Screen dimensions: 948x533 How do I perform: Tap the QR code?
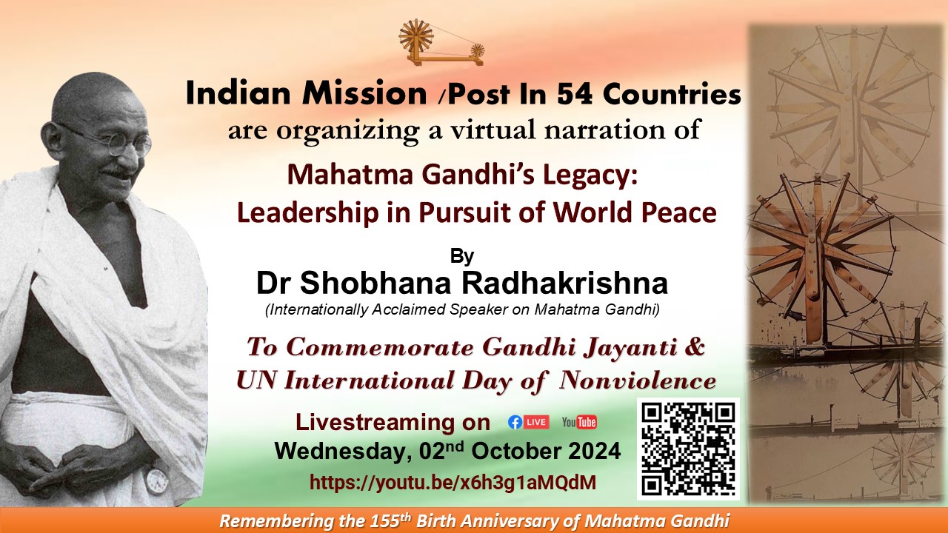tap(688, 449)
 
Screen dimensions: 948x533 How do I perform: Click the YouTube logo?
tap(579, 422)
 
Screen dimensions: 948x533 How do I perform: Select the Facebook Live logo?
tap(529, 422)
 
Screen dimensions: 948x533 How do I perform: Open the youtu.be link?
tap(453, 482)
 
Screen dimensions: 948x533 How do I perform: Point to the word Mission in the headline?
tap(364, 93)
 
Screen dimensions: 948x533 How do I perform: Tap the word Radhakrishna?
tap(564, 283)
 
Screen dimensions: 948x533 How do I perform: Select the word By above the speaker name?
tap(461, 256)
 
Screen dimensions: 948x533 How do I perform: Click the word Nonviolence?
tap(638, 381)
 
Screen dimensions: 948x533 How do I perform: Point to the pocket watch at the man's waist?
tap(156, 480)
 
